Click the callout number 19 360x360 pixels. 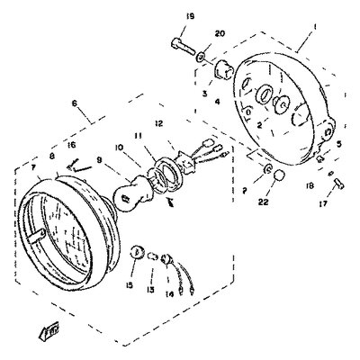click(x=190, y=17)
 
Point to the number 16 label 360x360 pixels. click(x=71, y=144)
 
